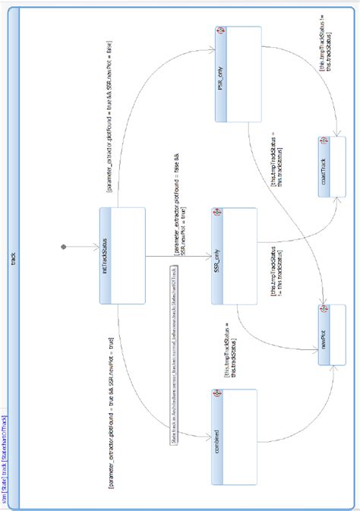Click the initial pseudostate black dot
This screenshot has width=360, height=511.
64,247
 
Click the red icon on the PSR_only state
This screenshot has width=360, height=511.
219,31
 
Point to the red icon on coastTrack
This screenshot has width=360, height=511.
323,141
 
